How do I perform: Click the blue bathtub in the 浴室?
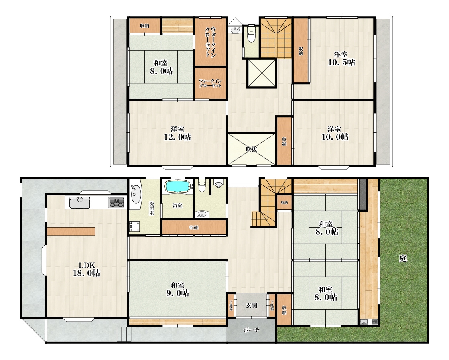(177, 187)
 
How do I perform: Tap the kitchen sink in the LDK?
(80, 203)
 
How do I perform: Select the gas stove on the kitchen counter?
(116, 203)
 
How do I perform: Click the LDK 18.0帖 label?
(86, 269)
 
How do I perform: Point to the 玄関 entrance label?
(252, 305)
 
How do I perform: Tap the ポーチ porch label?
(252, 330)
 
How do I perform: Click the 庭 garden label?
(403, 258)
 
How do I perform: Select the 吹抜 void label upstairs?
(252, 149)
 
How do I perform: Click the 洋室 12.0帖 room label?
(177, 134)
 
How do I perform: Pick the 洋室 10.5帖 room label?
(341, 59)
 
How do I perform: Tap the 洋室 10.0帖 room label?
(335, 134)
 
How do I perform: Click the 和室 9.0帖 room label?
(177, 289)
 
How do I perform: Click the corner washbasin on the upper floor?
(236, 29)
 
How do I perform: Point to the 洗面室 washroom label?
(152, 208)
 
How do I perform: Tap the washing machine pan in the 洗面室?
(134, 226)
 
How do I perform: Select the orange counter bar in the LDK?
(71, 231)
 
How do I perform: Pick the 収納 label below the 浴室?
(194, 228)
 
